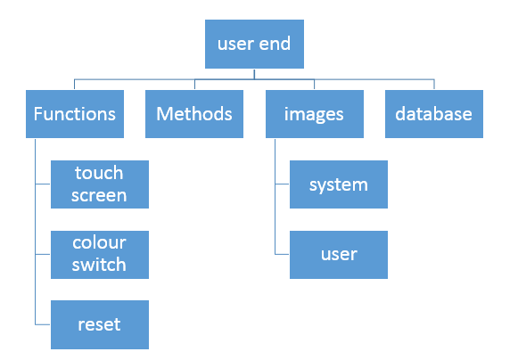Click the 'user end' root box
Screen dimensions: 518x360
point(254,44)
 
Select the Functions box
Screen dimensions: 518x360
point(75,114)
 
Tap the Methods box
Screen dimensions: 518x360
point(194,114)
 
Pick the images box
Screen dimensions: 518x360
point(315,114)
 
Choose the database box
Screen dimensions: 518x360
point(434,114)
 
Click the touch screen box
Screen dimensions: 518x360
point(100,184)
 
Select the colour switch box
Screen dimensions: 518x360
point(100,255)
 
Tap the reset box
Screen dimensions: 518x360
point(100,324)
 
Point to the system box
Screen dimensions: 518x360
point(339,184)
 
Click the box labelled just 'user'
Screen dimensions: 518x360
point(339,255)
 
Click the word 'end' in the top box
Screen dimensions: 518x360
point(275,44)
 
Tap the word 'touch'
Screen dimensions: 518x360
point(99,173)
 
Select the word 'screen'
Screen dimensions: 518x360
point(99,195)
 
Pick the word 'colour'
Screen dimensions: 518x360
point(99,242)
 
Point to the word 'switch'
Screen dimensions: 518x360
point(99,265)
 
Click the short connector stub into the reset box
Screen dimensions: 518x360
point(43,324)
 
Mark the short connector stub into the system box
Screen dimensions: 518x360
point(282,184)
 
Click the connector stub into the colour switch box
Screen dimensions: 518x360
point(43,254)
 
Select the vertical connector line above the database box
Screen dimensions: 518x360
point(434,85)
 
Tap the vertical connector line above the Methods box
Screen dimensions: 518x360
point(194,85)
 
